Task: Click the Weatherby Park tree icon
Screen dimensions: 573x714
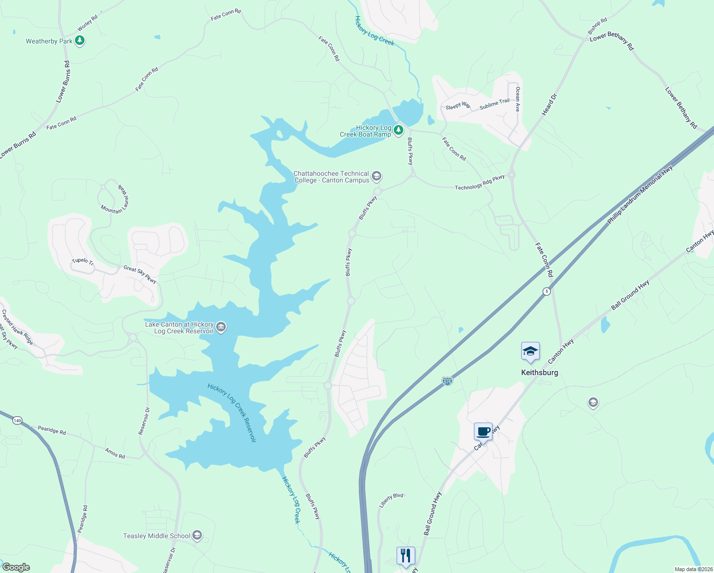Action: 80,41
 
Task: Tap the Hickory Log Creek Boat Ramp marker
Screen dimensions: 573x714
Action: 399,130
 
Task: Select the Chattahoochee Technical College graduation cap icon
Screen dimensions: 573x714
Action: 377,177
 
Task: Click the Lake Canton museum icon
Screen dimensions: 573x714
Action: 221,327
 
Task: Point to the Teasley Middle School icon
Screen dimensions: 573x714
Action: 197,536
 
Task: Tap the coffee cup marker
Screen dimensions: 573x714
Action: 483,432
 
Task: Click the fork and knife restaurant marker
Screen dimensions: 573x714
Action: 405,555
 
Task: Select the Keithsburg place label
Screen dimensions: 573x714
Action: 539,372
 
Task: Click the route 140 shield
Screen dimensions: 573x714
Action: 18,420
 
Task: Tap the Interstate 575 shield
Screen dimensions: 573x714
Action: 447,381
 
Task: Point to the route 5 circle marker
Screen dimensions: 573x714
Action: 546,291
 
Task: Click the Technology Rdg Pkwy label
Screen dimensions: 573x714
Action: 480,182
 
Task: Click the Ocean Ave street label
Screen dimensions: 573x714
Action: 517,99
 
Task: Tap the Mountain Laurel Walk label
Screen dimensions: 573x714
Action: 115,199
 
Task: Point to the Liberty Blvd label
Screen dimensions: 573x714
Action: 391,500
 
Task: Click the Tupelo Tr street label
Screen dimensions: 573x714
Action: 83,261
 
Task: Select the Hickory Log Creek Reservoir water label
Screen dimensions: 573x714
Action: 232,413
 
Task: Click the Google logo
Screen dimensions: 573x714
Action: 16,567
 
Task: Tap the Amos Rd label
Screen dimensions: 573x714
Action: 115,454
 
